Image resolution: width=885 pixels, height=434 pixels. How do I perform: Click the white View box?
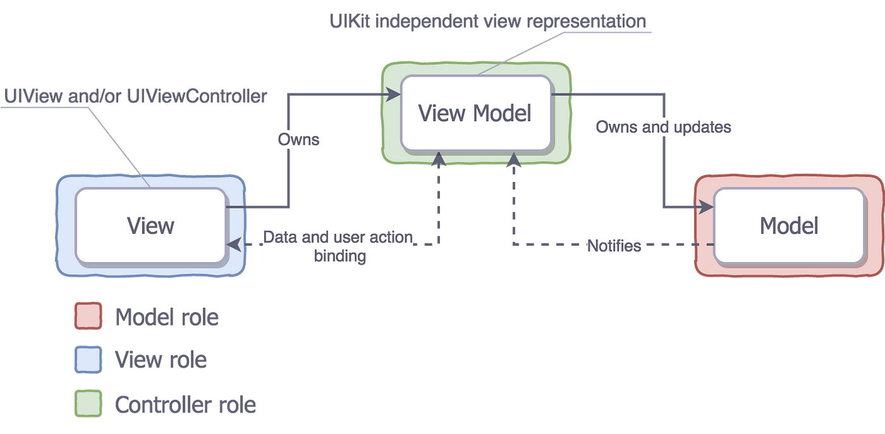(x=150, y=225)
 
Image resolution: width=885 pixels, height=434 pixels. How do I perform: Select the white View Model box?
(x=475, y=113)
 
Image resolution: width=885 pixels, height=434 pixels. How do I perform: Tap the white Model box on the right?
(x=789, y=225)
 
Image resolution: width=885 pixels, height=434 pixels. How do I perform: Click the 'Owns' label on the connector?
(x=298, y=140)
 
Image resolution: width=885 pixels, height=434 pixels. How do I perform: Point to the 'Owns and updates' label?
(x=663, y=127)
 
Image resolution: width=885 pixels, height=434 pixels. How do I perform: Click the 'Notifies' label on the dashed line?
(x=614, y=246)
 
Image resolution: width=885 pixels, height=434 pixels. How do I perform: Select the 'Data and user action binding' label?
(x=338, y=246)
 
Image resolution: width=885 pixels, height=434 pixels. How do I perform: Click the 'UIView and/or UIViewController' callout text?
(x=135, y=96)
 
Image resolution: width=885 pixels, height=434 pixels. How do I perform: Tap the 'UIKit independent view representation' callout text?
(x=488, y=21)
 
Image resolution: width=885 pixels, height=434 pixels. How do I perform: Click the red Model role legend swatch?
(x=88, y=316)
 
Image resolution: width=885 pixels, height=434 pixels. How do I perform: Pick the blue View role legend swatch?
(x=88, y=359)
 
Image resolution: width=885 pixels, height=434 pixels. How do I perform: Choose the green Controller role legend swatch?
(x=88, y=403)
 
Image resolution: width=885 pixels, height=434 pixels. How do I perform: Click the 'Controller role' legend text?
(x=185, y=404)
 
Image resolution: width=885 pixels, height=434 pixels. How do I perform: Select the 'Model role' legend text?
(x=167, y=316)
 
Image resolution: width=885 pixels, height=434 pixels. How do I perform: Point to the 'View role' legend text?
(x=161, y=359)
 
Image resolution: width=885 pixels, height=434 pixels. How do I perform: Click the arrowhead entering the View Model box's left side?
(x=393, y=94)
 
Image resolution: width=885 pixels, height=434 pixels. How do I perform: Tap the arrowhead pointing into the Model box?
(x=706, y=207)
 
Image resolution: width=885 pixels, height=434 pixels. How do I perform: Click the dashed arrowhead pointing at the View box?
(x=234, y=244)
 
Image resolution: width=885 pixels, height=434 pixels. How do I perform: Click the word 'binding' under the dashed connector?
(x=340, y=256)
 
